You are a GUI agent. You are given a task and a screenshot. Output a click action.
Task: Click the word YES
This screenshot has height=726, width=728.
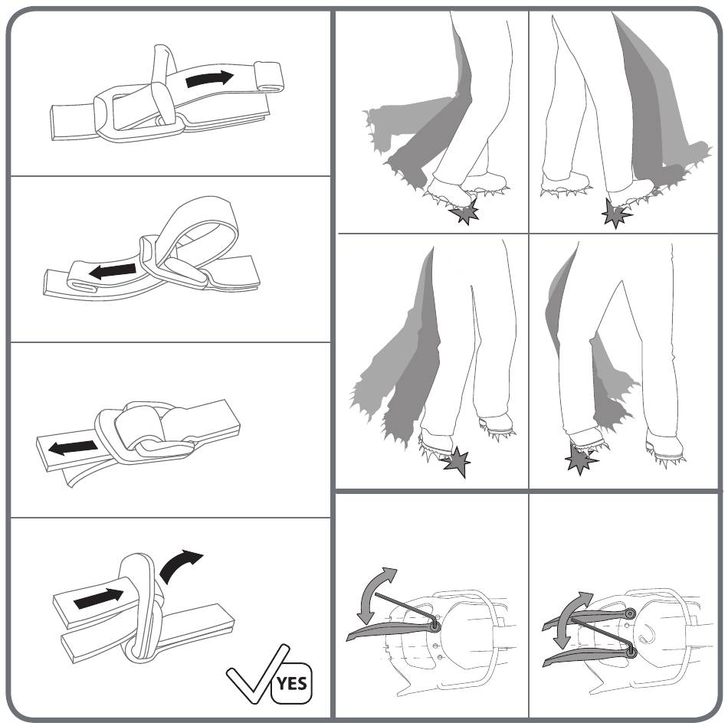point(292,683)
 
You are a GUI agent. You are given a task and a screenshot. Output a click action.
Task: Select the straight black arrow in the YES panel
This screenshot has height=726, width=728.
point(98,598)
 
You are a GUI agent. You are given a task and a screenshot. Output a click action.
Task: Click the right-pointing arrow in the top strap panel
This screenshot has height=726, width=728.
point(209,78)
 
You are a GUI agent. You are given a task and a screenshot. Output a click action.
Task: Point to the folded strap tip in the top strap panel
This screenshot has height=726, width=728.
point(268,77)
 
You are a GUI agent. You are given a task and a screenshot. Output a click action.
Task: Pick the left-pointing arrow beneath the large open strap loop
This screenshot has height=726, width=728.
point(113,271)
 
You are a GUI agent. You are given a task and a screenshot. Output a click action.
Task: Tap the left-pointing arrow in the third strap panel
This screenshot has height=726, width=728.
point(73,448)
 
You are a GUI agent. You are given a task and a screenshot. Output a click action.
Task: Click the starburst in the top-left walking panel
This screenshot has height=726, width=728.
point(464,212)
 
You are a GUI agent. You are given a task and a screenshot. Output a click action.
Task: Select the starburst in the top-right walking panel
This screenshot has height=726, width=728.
point(615,213)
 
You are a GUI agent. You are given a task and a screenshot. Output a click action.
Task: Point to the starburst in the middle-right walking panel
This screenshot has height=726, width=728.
point(580,459)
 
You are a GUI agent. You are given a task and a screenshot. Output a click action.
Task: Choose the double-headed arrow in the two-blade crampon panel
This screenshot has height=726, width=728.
point(572,619)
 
